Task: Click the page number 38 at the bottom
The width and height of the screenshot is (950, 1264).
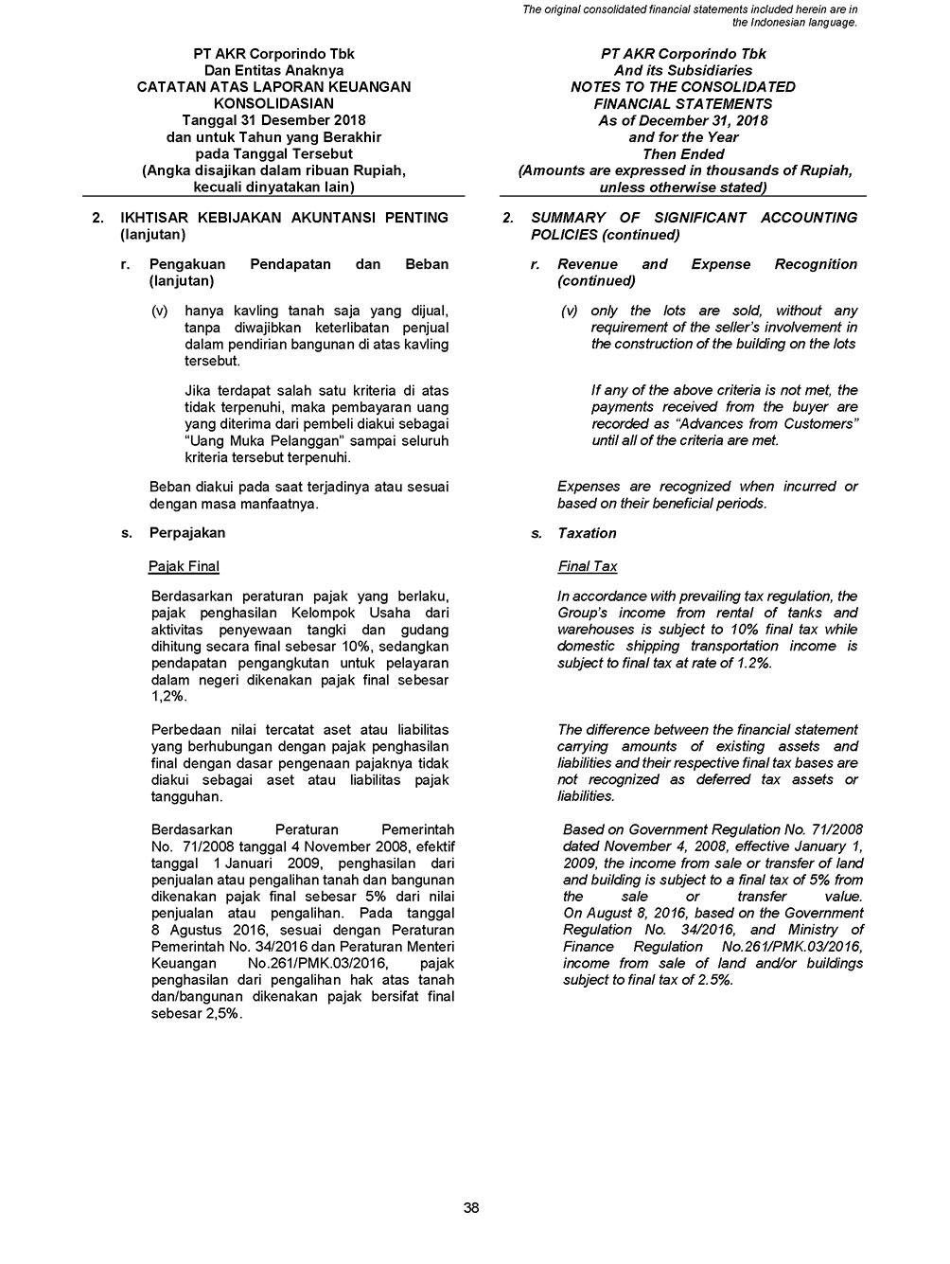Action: [471, 1207]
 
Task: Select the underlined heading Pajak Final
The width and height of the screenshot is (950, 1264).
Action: [184, 566]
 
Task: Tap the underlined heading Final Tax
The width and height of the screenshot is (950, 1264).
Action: [588, 566]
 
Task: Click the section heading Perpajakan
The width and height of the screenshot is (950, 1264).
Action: [187, 533]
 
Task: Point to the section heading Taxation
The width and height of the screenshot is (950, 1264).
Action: [587, 533]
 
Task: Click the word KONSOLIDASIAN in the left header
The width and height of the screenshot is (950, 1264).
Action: [273, 103]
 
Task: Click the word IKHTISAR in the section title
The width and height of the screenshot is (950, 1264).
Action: [154, 218]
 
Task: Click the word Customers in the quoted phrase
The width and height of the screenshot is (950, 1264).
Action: [820, 423]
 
